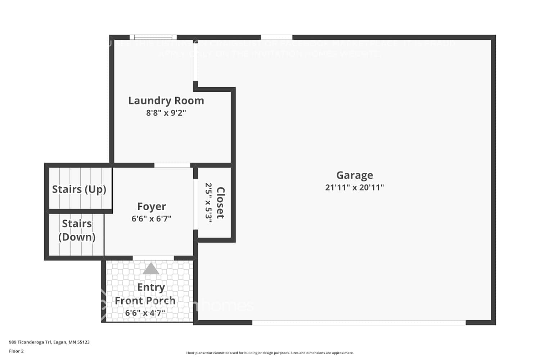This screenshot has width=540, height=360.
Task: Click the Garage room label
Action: point(355,175)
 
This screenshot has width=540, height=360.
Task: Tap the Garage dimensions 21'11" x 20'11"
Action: point(355,187)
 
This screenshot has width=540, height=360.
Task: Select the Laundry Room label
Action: point(166,100)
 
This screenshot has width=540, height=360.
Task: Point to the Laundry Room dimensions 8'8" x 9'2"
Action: point(166,113)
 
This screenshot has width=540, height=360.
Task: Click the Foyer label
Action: point(152,206)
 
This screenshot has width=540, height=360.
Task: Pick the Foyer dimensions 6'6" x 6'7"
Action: point(152,219)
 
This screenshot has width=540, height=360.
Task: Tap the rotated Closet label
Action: point(220,203)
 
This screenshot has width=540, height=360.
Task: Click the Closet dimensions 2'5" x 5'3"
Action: point(208,203)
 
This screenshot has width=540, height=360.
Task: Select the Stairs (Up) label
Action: point(79,189)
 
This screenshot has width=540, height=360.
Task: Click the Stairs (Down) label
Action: point(77,230)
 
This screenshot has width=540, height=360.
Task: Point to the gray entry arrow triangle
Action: point(151,269)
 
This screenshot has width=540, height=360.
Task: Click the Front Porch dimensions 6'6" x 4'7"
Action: point(145,313)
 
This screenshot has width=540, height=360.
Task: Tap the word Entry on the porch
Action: point(151,287)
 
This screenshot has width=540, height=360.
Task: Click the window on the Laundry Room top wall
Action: point(153,37)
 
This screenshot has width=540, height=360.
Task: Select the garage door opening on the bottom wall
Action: point(359,323)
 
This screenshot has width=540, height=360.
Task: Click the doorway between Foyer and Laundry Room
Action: point(172,165)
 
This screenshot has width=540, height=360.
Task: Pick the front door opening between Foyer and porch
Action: point(153,258)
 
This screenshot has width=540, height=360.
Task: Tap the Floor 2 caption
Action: point(16,351)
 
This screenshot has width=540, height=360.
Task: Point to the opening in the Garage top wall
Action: point(276,37)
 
